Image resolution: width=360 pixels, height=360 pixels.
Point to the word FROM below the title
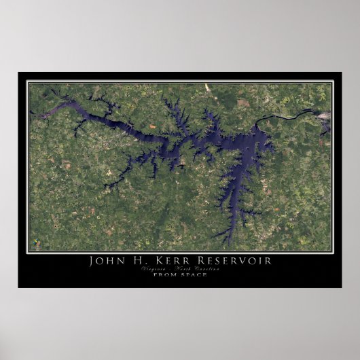(165, 275)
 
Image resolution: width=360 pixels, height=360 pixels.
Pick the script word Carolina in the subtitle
(208, 269)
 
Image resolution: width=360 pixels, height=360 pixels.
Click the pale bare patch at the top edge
(207, 88)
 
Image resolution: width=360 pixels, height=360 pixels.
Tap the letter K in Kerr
(164, 261)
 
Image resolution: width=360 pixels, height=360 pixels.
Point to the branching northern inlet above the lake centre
(177, 112)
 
